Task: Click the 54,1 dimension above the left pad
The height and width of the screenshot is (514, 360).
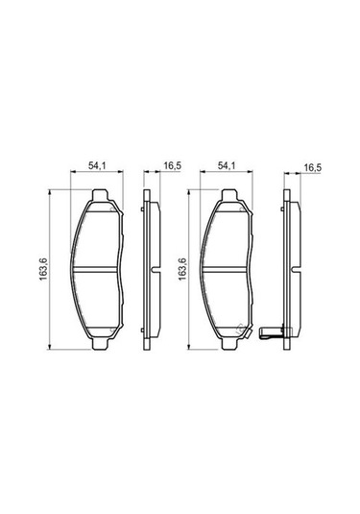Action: tap(97, 166)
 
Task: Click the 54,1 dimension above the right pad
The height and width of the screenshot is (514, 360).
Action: tap(227, 166)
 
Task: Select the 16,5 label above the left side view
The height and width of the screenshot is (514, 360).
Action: tap(173, 166)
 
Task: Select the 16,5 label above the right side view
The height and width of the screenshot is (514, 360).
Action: tap(313, 167)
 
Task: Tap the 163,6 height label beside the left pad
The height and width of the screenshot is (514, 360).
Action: tap(44, 269)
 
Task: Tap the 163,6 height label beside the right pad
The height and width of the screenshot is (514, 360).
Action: tap(182, 269)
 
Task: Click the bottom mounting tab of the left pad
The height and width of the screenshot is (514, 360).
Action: tap(100, 343)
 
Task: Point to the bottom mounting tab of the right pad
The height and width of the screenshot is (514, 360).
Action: tap(230, 343)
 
